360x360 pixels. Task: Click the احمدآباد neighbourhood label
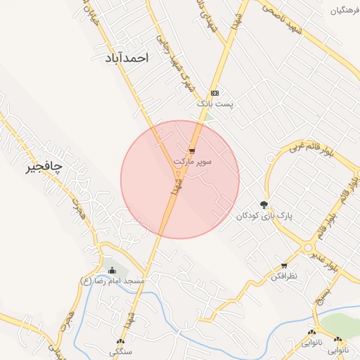click(127, 59)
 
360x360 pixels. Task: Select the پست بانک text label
click(214, 104)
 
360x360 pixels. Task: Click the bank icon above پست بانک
click(214, 93)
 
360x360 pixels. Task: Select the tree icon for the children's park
click(264, 205)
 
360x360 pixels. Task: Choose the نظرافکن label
click(284, 277)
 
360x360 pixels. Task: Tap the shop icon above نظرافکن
click(284, 266)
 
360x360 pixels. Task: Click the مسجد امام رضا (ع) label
click(112, 281)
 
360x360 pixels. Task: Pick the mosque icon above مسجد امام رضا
click(112, 271)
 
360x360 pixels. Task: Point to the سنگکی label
click(120, 349)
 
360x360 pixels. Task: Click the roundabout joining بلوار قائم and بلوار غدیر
click(307, 247)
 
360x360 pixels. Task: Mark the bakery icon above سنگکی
click(120, 338)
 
